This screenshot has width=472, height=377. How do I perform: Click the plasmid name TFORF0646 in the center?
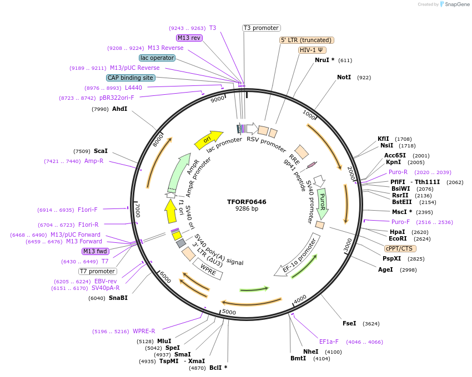pos(247,202)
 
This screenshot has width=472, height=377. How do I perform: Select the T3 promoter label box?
pos(262,28)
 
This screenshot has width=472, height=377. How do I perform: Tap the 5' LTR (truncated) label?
pos(306,40)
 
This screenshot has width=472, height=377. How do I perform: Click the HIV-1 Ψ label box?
pos(312,50)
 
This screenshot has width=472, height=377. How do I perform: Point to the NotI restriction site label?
pos(344,77)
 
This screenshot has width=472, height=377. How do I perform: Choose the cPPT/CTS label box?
pos(399,248)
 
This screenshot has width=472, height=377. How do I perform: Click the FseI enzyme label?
pos(349,323)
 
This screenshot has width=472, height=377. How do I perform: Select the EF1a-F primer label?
pos(331,342)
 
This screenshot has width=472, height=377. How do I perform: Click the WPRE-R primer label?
pos(144,332)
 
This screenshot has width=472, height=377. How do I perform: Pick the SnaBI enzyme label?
pos(118,298)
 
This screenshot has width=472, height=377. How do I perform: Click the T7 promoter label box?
pos(98,271)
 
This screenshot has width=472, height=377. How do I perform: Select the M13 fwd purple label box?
pos(96,251)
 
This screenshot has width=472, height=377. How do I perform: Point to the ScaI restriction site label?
pos(101,151)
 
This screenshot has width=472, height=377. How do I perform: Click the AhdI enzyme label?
pos(119,109)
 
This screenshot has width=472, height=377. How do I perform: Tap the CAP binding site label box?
pos(130,78)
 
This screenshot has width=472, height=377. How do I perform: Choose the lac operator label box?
pos(157,58)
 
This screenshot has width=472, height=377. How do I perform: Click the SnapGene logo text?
pos(456,4)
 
